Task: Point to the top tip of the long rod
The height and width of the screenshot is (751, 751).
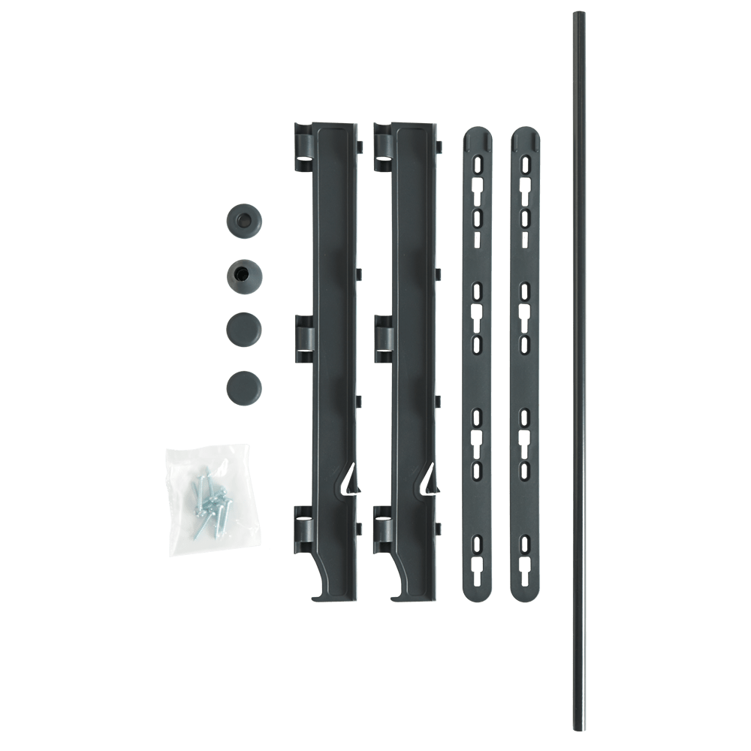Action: point(579,15)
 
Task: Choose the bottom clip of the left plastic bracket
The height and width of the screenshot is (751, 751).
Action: point(302,521)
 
